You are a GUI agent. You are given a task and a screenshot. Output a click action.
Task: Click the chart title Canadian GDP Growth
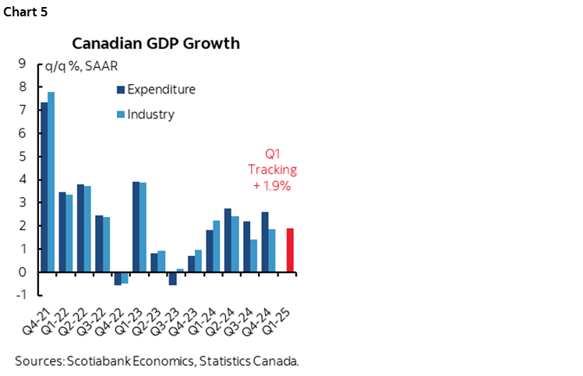click(156, 43)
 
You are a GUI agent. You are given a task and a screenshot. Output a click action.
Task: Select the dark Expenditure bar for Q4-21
click(44, 187)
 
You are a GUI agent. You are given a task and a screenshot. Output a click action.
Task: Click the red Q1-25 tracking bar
click(290, 250)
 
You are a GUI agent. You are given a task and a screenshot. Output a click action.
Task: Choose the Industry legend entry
click(150, 114)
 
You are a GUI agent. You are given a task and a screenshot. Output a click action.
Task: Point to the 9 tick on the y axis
click(23, 64)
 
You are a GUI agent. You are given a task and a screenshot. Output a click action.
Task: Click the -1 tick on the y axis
click(21, 295)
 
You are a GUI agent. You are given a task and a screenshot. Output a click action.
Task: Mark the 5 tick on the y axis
click(23, 156)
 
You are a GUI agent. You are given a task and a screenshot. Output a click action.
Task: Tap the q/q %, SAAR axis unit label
click(75, 65)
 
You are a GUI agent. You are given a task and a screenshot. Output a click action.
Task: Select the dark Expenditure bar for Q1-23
click(136, 227)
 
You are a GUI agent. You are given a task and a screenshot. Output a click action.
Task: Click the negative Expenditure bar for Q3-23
click(172, 279)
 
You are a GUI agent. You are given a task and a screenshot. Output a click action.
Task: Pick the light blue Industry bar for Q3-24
click(253, 255)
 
